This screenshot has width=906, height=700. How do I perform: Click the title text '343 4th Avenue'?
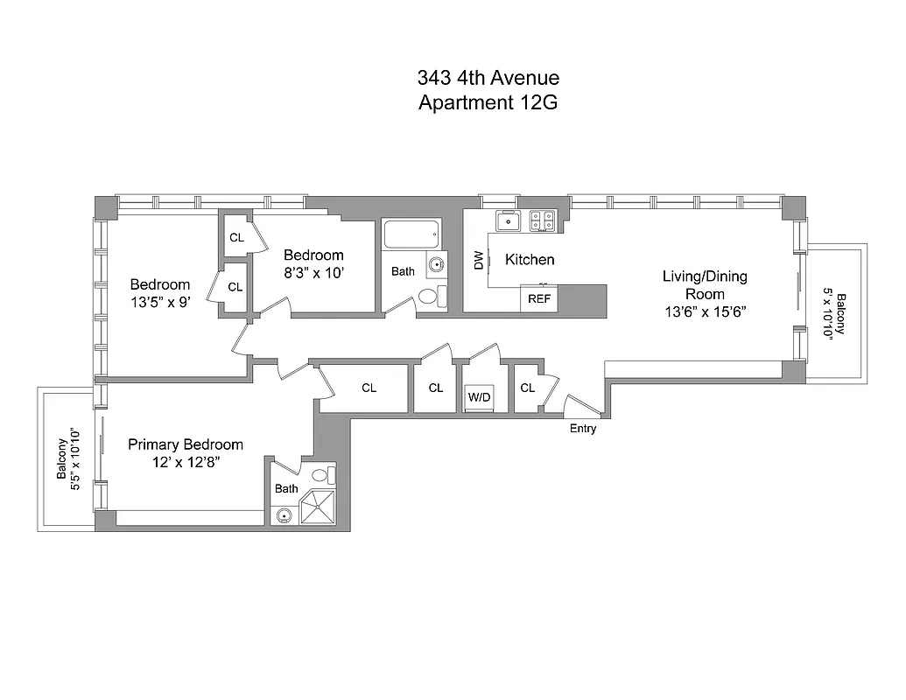click(488, 79)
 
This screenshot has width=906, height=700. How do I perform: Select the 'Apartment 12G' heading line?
click(488, 103)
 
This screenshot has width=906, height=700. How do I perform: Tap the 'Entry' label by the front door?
click(583, 429)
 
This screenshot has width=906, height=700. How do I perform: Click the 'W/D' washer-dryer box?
click(479, 396)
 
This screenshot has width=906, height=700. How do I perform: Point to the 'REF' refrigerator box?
click(538, 298)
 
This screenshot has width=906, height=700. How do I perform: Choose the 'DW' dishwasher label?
click(478, 260)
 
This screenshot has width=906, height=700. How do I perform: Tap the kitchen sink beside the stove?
click(509, 221)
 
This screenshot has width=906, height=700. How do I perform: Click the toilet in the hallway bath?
click(430, 297)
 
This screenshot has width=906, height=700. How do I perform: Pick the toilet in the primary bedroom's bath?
click(321, 476)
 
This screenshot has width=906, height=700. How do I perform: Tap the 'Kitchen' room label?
click(530, 260)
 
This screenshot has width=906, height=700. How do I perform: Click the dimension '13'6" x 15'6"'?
click(704, 311)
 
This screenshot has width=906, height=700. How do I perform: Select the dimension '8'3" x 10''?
click(313, 272)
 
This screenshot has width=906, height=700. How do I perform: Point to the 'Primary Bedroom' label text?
click(186, 444)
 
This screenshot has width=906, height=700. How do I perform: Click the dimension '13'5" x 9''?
click(159, 302)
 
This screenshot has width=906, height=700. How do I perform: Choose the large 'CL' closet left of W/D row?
click(369, 388)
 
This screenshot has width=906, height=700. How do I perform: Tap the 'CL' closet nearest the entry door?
click(527, 388)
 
